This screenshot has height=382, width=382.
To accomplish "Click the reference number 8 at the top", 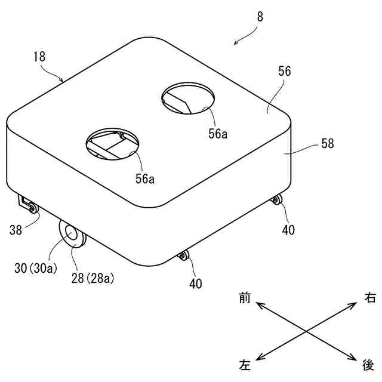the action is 260,17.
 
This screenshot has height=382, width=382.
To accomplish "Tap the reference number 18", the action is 39,57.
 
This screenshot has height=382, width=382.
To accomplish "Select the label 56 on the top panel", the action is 284,71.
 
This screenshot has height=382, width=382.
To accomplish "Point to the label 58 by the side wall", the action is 327,143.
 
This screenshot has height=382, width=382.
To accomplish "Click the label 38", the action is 16,229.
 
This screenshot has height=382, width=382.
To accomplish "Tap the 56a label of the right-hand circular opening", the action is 217,134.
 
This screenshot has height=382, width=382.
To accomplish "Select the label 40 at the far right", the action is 288,229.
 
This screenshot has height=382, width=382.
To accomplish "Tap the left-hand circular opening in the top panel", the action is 113,144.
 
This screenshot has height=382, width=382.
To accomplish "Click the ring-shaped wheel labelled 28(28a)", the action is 72,235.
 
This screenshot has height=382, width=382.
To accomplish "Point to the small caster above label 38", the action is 31,208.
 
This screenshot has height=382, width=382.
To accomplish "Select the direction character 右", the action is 370,297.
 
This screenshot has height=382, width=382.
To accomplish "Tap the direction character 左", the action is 245,363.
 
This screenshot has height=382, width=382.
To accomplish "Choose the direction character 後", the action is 368,363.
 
